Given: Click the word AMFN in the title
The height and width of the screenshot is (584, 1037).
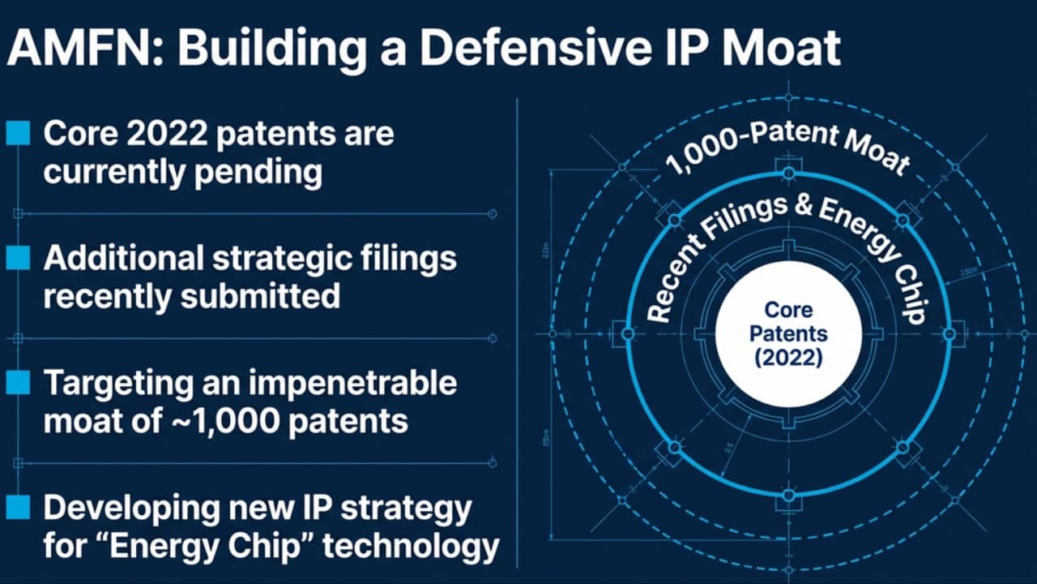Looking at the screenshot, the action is click(x=80, y=49).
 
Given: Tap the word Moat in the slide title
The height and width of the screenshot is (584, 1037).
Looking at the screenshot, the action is click(x=780, y=49).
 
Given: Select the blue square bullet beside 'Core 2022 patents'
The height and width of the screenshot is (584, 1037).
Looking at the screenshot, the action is click(x=18, y=134).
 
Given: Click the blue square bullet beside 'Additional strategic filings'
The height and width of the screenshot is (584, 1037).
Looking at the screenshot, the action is click(x=18, y=258).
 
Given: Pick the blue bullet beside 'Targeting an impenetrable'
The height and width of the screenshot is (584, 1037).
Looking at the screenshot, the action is click(x=18, y=382).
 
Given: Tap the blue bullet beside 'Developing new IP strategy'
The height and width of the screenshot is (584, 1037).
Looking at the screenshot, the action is click(x=18, y=507).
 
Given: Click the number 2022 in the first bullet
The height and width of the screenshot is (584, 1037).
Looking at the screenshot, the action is click(x=167, y=134).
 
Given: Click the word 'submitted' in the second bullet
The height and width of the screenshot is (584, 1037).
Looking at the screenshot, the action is click(x=260, y=296).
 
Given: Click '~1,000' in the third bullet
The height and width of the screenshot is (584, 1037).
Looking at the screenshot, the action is click(x=225, y=421).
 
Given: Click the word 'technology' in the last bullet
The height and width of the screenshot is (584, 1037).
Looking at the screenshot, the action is click(x=411, y=547).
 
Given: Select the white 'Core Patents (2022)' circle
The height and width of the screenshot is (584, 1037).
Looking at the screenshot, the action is click(x=788, y=334).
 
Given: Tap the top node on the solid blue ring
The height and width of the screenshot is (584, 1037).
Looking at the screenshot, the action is click(x=789, y=174).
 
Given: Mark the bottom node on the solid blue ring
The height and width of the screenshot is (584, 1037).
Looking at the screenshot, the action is click(x=789, y=495).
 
